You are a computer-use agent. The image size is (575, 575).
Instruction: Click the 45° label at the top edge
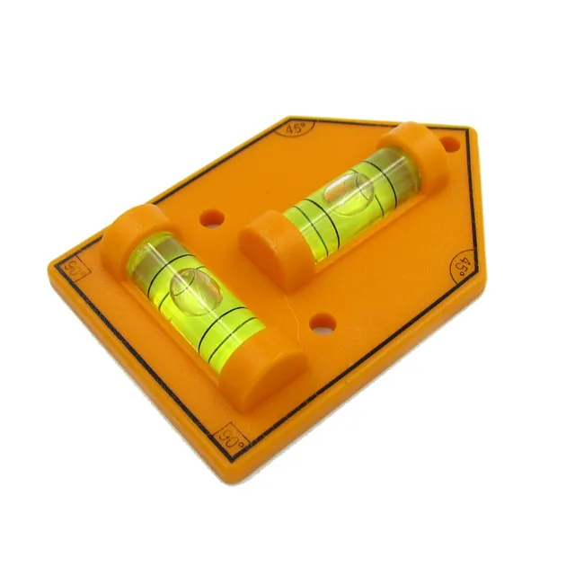pyautogui.click(x=296, y=128)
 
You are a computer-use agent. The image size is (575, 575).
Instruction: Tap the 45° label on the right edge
pyautogui.click(x=462, y=266)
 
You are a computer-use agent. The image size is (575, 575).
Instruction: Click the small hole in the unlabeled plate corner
pyautogui.click(x=447, y=143)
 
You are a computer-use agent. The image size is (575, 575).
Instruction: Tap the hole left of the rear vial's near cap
pyautogui.click(x=212, y=217)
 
